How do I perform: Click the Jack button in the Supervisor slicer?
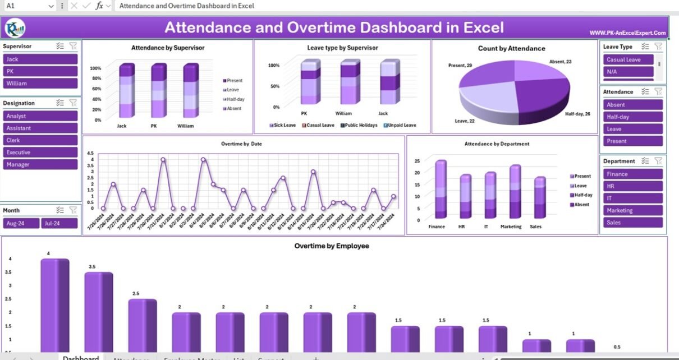[40, 59]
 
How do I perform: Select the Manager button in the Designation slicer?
[40, 164]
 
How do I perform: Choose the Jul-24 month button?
[58, 223]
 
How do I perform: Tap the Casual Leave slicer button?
[628, 59]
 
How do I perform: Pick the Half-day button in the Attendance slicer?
[633, 117]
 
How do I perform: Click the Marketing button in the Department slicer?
[633, 210]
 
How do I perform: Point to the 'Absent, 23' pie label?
[560, 61]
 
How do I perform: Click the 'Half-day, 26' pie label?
[577, 114]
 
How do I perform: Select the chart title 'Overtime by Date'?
[241, 144]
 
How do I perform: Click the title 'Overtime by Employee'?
[332, 246]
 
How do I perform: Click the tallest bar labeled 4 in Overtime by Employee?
[54, 306]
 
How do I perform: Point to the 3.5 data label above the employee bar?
[92, 267]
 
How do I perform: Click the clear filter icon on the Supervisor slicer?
[73, 47]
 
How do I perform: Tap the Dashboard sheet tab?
[81, 358]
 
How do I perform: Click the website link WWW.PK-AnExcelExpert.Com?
[627, 33]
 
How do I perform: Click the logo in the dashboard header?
[15, 27]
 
